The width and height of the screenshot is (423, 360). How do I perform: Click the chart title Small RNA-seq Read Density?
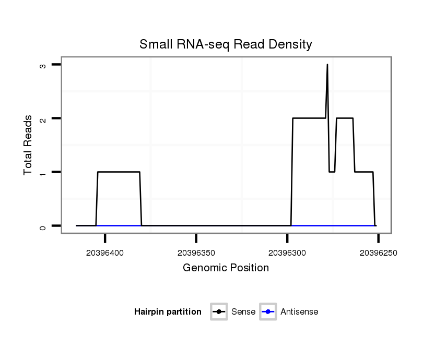pyautogui.click(x=226, y=44)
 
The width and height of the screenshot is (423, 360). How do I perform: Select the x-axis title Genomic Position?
pyautogui.click(x=226, y=268)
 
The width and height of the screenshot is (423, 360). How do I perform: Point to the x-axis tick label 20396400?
pyautogui.click(x=105, y=253)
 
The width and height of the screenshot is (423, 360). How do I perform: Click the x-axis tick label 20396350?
pyautogui.click(x=196, y=253)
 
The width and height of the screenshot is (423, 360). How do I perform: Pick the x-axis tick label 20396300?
pyautogui.click(x=287, y=253)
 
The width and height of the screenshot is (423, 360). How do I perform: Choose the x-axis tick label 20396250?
pyautogui.click(x=378, y=253)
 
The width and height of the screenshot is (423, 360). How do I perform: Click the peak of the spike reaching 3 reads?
pyautogui.click(x=327, y=65)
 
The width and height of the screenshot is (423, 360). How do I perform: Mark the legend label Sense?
pyautogui.click(x=243, y=312)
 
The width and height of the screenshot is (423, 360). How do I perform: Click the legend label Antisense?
pyautogui.click(x=299, y=312)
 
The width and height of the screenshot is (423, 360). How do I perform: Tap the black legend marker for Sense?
pyautogui.click(x=219, y=312)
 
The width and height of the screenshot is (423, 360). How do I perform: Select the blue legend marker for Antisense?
pyautogui.click(x=268, y=312)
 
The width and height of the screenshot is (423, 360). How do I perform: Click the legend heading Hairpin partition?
pyautogui.click(x=168, y=312)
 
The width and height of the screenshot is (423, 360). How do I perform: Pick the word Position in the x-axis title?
pyautogui.click(x=251, y=268)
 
